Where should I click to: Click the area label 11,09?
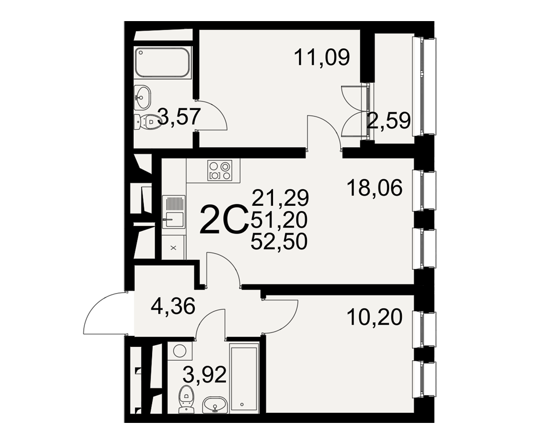click(322, 58)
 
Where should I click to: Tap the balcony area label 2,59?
click(389, 121)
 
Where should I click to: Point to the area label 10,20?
click(375, 317)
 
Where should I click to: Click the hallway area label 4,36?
click(173, 306)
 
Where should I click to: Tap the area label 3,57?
click(179, 117)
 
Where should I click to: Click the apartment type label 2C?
click(223, 220)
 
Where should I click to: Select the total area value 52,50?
click(279, 242)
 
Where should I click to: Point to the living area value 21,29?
click(280, 198)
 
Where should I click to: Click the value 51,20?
click(279, 220)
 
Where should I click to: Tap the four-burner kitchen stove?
click(220, 170)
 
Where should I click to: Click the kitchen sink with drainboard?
click(173, 212)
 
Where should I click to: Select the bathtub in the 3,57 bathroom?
click(163, 62)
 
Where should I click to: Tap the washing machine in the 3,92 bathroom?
click(180, 351)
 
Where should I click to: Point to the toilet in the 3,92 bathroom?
click(186, 399)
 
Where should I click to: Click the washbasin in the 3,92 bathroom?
click(214, 405)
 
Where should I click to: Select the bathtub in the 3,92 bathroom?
click(244, 377)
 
